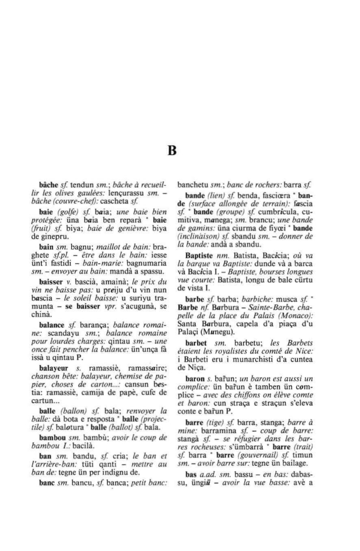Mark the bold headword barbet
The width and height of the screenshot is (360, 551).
coord(195,343)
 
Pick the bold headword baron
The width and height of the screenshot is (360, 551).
coord(194,379)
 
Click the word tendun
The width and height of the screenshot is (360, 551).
coord(82,185)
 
